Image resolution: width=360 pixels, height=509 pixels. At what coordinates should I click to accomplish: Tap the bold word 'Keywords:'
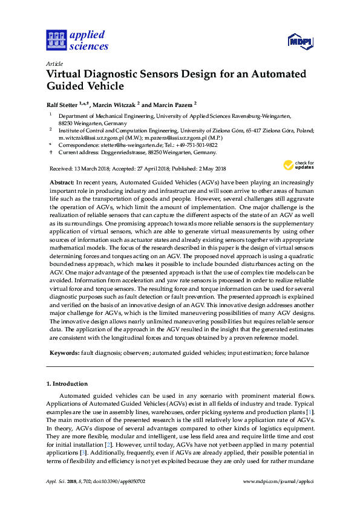[x=64, y=351]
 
